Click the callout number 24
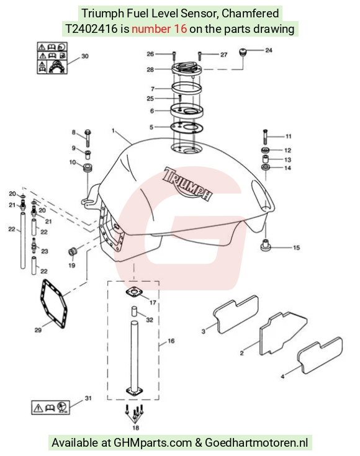tap(268, 50)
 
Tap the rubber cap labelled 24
tap(243, 53)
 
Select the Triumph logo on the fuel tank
tap(187, 184)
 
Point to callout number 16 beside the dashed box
tap(171, 341)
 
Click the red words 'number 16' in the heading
tap(159, 29)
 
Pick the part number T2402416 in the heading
tap(91, 29)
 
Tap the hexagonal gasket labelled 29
tap(53, 303)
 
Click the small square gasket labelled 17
tap(134, 292)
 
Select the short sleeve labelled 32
tap(134, 311)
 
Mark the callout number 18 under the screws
tap(135, 427)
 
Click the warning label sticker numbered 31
tap(50, 407)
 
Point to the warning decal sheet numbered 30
tap(52, 58)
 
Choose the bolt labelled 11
tap(265, 136)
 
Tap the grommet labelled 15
tap(266, 246)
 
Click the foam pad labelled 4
tap(320, 355)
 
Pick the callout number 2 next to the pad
tap(241, 353)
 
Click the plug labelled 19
tap(72, 251)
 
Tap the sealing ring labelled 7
tap(187, 87)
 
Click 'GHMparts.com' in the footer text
tap(153, 442)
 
